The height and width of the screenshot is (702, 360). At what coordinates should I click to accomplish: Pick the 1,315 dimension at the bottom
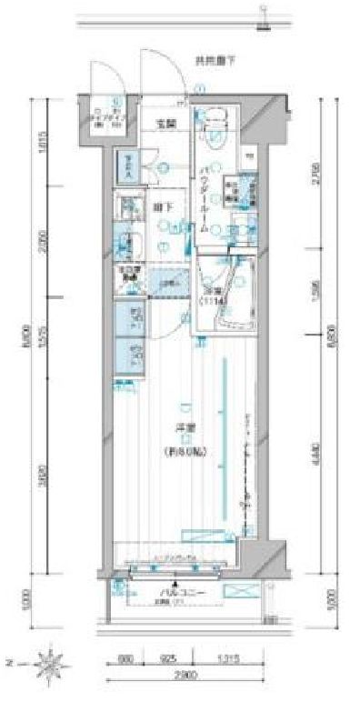216,656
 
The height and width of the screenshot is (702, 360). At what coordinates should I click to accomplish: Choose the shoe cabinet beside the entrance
131,165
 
